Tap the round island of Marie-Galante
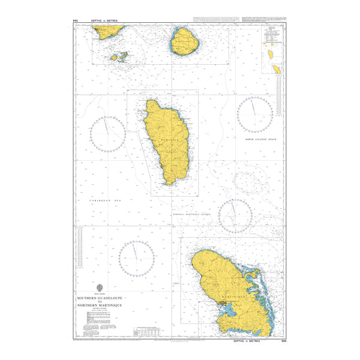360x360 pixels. pyautogui.click(x=185, y=41)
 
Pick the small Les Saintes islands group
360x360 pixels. pyautogui.click(x=119, y=57)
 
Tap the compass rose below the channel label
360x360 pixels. pyautogui.click(x=236, y=216)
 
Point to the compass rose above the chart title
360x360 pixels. pyautogui.click(x=137, y=259)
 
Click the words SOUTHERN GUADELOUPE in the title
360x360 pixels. pyautogui.click(x=100, y=298)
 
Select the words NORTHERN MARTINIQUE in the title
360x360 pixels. pyautogui.click(x=100, y=305)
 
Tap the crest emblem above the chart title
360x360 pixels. pyautogui.click(x=100, y=287)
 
